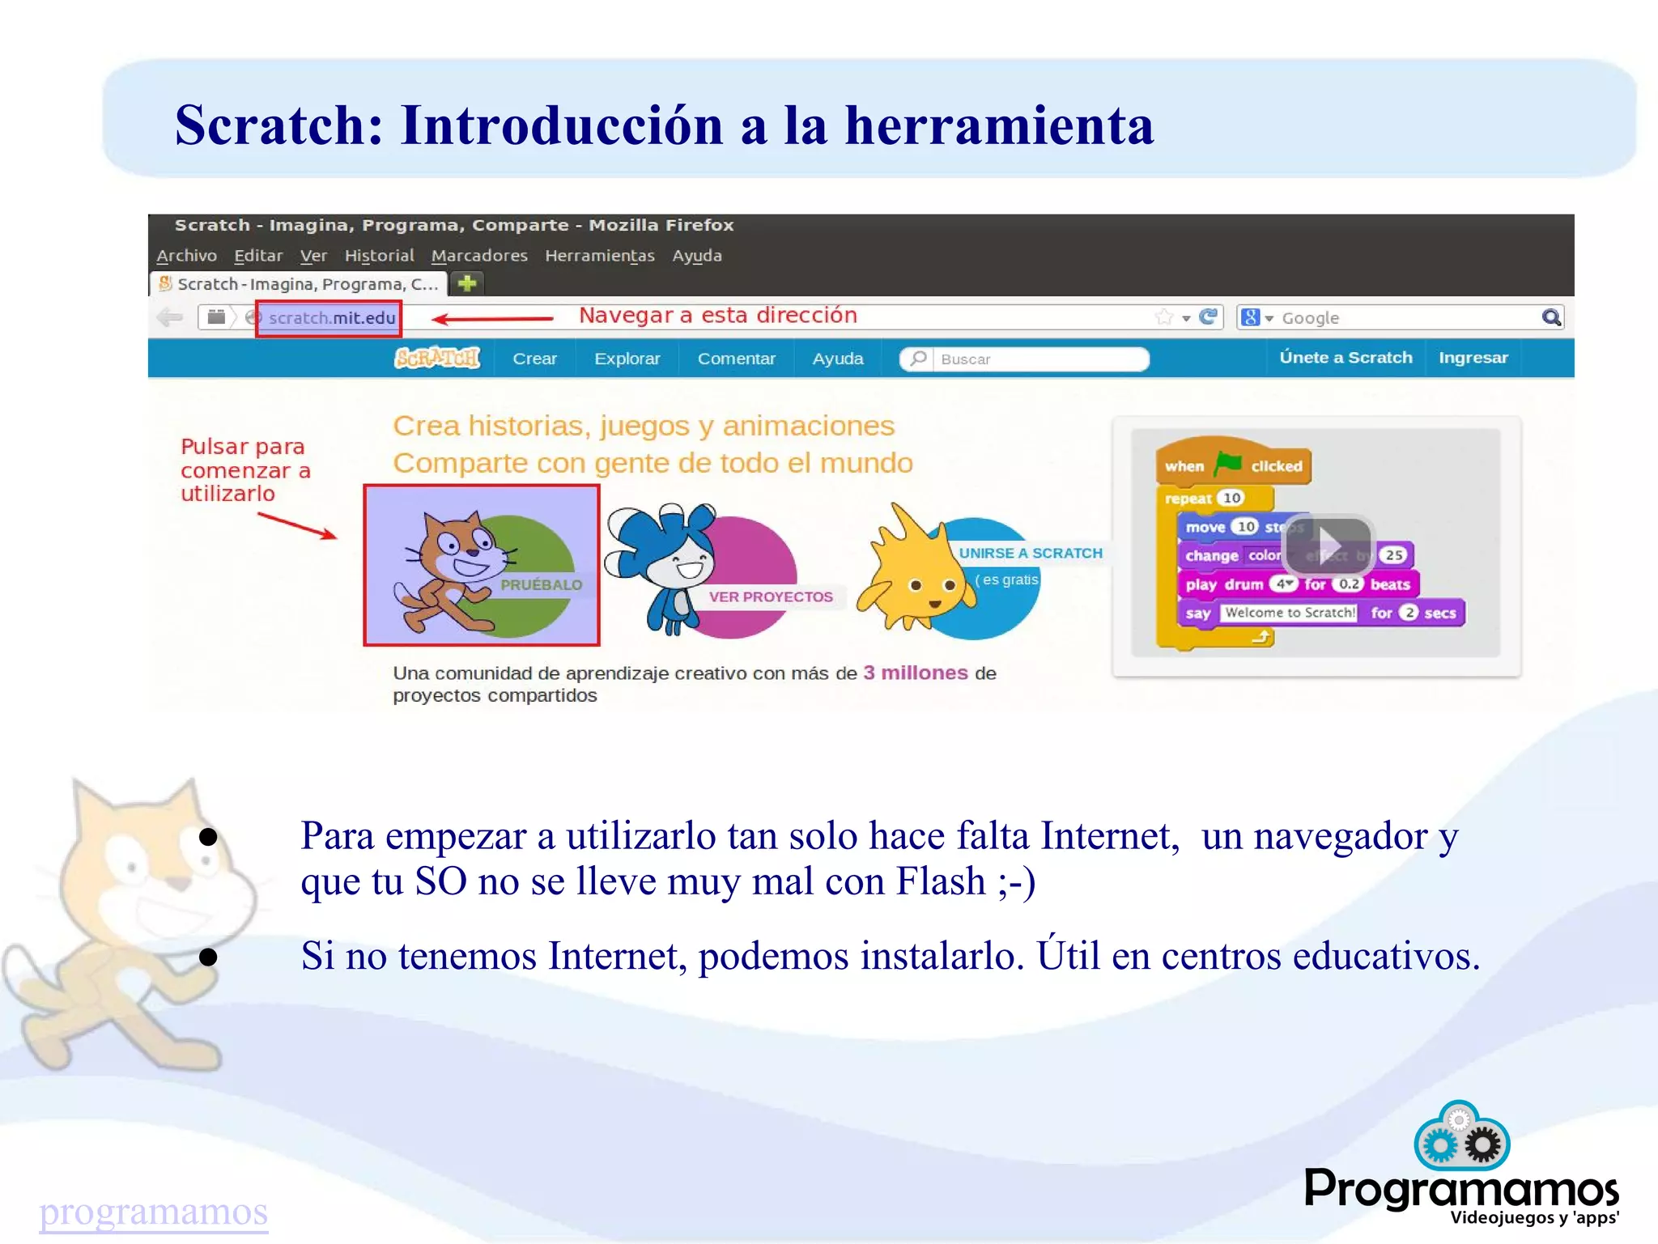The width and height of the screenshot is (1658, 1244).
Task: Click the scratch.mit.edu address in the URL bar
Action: [x=331, y=318]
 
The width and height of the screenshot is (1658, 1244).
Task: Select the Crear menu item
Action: [x=534, y=359]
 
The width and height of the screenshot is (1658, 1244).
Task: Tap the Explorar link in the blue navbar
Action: [x=627, y=359]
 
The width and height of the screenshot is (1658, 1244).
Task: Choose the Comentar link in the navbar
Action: [x=736, y=359]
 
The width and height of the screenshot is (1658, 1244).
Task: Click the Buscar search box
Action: [x=1036, y=359]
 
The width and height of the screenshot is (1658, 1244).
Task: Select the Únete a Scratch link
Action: [x=1345, y=358]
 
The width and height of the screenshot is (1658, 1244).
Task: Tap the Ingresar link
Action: [x=1473, y=358]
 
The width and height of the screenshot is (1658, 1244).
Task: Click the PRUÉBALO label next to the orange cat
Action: [x=541, y=584]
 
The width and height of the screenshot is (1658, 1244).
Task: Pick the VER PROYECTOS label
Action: [x=770, y=597]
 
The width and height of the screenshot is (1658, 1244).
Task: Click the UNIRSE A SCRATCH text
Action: [x=1030, y=554]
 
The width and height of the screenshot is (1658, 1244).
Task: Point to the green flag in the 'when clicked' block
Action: [x=1228, y=464]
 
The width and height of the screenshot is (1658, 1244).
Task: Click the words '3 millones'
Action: [x=915, y=673]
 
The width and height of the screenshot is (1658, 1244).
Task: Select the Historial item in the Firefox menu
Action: [x=379, y=256]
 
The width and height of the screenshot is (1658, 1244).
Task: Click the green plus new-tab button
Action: [x=467, y=283]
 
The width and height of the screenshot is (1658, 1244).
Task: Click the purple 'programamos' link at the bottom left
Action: [x=153, y=1212]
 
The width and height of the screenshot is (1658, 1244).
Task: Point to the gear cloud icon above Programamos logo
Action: [x=1461, y=1136]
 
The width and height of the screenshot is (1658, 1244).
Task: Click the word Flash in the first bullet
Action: [x=940, y=881]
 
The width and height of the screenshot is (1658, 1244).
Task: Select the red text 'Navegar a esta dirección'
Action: [x=717, y=316]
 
